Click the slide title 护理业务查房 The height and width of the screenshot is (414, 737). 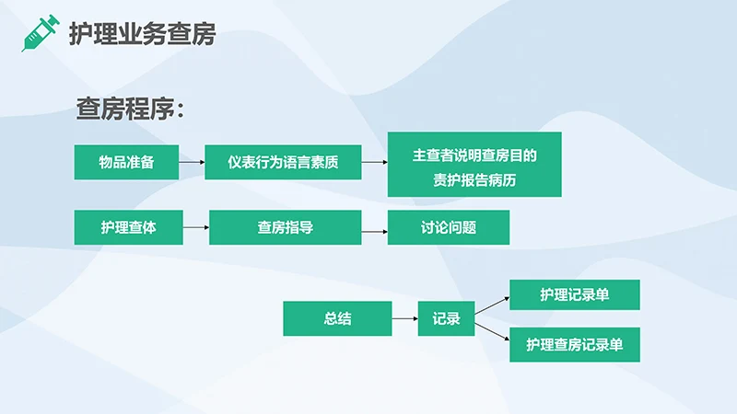(143, 35)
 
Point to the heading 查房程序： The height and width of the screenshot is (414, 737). (131, 110)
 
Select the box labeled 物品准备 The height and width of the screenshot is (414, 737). (126, 163)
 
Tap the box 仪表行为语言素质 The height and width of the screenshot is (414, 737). (283, 163)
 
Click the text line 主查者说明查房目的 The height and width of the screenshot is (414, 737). (474, 155)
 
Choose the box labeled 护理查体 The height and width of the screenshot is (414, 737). (128, 227)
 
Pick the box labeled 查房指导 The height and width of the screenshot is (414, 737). (284, 227)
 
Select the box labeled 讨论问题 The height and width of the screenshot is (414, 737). (448, 227)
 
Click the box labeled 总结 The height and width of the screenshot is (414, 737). (337, 318)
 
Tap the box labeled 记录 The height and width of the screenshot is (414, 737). (446, 318)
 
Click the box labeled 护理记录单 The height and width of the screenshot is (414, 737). (574, 294)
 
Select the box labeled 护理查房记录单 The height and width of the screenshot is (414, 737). (574, 345)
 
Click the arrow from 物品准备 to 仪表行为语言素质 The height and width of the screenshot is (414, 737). (192, 163)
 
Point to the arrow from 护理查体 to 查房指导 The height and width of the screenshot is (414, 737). (196, 227)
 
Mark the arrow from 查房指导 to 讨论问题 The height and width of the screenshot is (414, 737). (372, 231)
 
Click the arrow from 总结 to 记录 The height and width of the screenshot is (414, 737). (404, 318)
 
